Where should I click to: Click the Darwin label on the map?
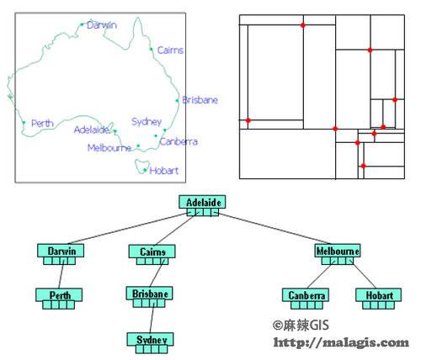[102, 25]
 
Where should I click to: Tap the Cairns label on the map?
[170, 50]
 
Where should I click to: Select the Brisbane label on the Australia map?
[200, 100]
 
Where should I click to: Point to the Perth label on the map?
[42, 123]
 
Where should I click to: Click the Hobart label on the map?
[164, 171]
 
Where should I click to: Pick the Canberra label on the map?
[179, 141]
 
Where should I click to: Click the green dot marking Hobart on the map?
[145, 170]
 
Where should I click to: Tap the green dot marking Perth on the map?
[24, 123]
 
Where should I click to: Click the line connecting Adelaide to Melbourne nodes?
[274, 228]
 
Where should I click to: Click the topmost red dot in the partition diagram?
[303, 25]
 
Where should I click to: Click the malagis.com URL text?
[341, 342]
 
